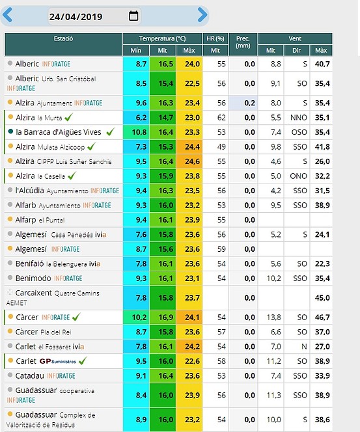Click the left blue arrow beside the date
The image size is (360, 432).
point(7,15)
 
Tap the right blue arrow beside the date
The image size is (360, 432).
point(202,15)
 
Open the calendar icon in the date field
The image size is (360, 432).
point(133,16)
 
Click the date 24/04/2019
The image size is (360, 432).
point(76,17)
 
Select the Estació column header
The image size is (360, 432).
point(63,38)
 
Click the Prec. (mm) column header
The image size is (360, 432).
point(243,42)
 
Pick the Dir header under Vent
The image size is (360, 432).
point(297,50)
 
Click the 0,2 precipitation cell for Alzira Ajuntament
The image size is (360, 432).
point(249,103)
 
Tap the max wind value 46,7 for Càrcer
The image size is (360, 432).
point(322,317)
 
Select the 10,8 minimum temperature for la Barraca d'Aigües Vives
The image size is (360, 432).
point(139,132)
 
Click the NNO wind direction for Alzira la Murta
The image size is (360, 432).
point(299,118)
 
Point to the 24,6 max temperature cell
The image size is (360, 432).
point(192,161)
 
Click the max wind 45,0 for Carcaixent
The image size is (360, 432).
point(322,298)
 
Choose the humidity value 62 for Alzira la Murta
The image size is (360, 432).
point(221,118)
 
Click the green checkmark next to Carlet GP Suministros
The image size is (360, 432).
point(83,360)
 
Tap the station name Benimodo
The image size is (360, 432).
point(33,278)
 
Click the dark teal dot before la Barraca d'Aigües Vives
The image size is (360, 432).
point(10,131)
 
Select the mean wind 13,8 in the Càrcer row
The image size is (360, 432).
point(273,317)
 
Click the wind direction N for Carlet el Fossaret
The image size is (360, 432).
point(304,347)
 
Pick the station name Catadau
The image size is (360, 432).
point(30,376)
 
